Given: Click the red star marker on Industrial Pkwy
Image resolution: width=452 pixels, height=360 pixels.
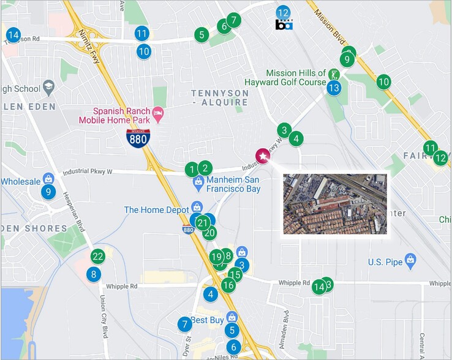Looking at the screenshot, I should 263,157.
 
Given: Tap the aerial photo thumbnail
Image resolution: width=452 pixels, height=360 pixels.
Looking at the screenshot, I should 335,203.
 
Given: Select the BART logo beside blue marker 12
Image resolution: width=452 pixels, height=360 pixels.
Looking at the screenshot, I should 284,24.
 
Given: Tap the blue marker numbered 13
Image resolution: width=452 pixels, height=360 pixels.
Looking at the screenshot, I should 333,88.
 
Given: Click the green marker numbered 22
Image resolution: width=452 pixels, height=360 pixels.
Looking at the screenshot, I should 97,256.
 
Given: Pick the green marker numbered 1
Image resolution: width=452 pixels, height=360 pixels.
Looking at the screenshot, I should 192,170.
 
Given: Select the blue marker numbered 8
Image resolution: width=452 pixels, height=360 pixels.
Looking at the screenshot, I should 94,274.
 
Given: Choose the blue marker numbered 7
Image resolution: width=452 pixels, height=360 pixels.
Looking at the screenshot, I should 184,324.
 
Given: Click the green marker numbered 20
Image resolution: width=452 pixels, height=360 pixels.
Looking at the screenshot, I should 209,233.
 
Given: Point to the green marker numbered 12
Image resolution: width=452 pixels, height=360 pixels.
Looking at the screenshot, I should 440,158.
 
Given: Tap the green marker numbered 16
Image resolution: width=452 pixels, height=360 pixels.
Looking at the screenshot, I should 228,285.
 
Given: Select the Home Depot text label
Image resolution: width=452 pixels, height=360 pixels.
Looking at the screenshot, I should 157,210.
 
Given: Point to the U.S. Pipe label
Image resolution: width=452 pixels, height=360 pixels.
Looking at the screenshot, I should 385,262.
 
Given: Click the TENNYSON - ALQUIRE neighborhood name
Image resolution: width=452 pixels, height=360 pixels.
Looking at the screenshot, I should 220,98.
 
